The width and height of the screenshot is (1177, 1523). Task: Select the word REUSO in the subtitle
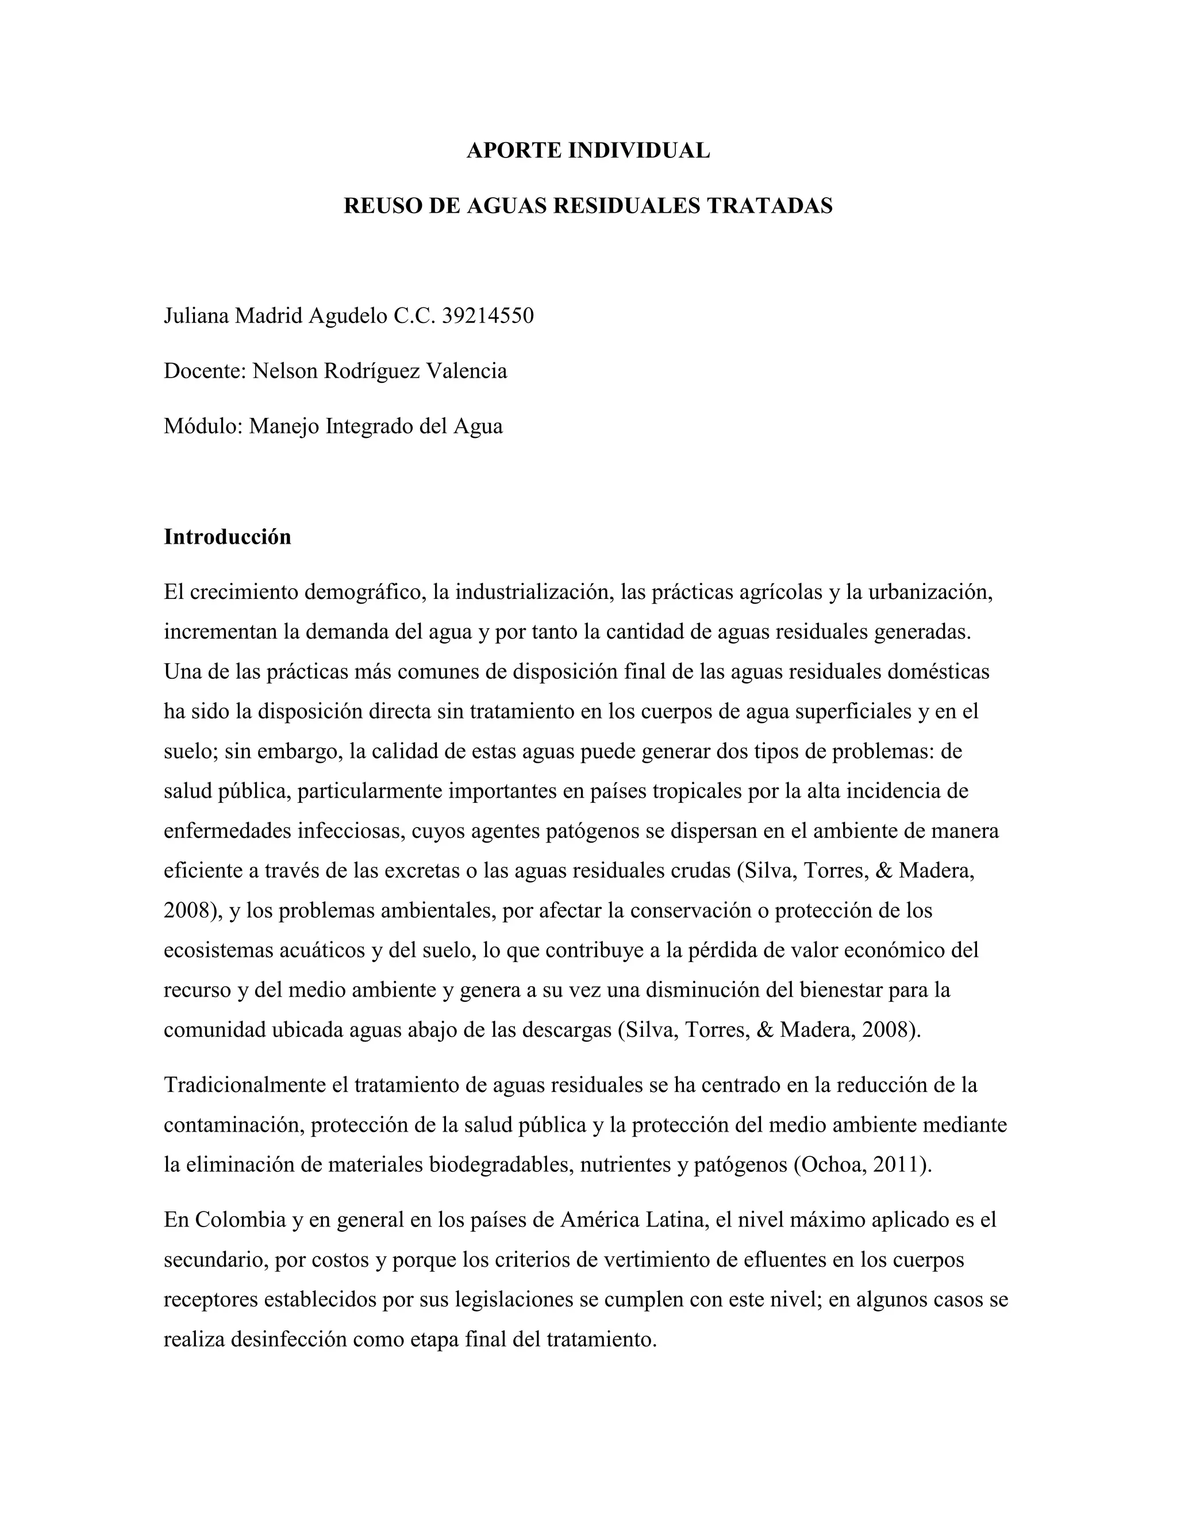pyautogui.click(x=380, y=206)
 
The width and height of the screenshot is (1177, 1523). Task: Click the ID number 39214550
pyautogui.click(x=488, y=316)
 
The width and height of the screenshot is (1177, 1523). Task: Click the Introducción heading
pyautogui.click(x=228, y=537)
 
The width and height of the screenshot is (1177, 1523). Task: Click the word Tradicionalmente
pyautogui.click(x=255, y=1085)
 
